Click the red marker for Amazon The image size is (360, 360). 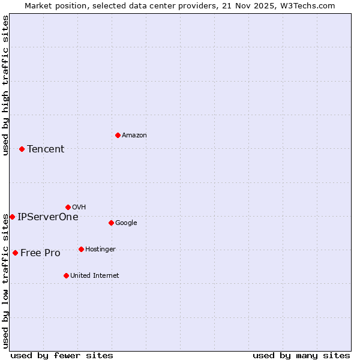pyautogui.click(x=118, y=135)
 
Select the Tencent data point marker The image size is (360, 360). pyautogui.click(x=22, y=149)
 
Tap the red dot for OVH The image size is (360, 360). pyautogui.click(x=68, y=207)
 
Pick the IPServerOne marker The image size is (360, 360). pyautogui.click(x=12, y=217)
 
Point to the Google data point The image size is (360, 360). pyautogui.click(x=111, y=223)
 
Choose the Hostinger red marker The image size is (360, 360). pyautogui.click(x=81, y=249)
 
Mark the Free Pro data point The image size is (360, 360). pyautogui.click(x=15, y=253)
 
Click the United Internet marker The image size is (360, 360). pyautogui.click(x=66, y=275)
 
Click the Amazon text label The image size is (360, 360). pyautogui.click(x=134, y=136)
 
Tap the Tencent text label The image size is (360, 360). pyautogui.click(x=46, y=149)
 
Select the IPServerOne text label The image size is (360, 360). pyautogui.click(x=48, y=217)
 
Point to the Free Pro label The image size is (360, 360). pyautogui.click(x=40, y=253)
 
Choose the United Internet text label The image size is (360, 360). pyautogui.click(x=95, y=276)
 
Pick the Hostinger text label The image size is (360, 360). pyautogui.click(x=100, y=250)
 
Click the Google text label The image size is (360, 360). pyautogui.click(x=126, y=223)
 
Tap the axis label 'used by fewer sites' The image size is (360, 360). pyautogui.click(x=62, y=355)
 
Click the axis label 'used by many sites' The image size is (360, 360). pyautogui.click(x=301, y=355)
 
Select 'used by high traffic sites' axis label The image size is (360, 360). pyautogui.click(x=5, y=86)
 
